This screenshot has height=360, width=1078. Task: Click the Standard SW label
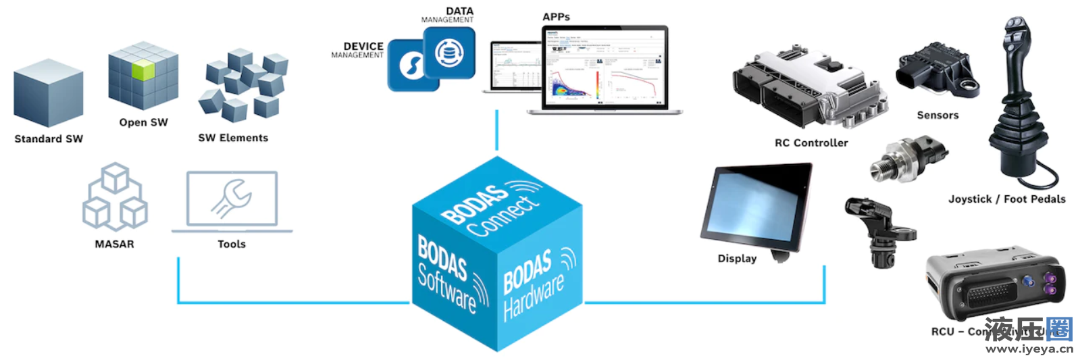tap(49, 139)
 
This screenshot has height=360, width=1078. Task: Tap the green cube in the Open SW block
tap(143, 70)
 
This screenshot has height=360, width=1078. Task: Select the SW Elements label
tap(233, 138)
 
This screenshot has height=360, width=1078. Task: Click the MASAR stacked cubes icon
tap(115, 197)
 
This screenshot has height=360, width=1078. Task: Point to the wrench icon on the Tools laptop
tap(232, 198)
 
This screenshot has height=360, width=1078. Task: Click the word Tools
tap(232, 245)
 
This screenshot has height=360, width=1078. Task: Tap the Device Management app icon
tap(405, 66)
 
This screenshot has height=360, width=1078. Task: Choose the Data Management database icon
tap(449, 53)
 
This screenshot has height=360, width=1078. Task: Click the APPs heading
tap(556, 17)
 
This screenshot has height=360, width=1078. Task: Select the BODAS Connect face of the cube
tap(496, 202)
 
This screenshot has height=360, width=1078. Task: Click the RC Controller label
tap(811, 143)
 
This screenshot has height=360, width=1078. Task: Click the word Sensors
tap(938, 115)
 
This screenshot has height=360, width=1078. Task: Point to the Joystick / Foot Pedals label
tap(1006, 199)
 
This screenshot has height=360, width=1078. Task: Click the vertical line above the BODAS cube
tap(496, 130)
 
